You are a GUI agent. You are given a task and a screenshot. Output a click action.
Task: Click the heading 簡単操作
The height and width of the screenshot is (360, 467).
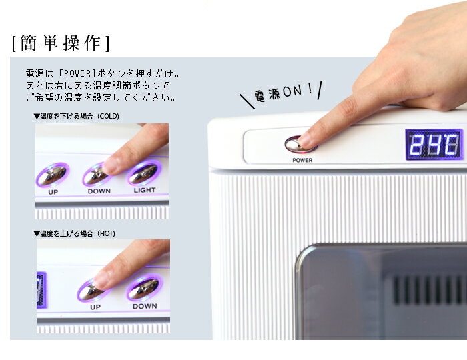(x=61, y=43)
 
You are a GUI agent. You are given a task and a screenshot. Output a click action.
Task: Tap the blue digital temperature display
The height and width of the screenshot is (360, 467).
(x=434, y=144)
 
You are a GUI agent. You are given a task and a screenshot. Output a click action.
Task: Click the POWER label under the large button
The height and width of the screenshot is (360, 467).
(x=302, y=160)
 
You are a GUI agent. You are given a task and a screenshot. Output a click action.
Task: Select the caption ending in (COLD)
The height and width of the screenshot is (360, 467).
(x=76, y=116)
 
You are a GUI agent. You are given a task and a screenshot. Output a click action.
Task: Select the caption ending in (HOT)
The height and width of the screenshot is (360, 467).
(x=73, y=233)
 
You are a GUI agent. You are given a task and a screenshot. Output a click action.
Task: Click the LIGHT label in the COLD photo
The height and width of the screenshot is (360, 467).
(x=144, y=190)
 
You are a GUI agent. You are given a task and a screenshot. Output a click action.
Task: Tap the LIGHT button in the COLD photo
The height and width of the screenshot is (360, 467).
(x=143, y=173)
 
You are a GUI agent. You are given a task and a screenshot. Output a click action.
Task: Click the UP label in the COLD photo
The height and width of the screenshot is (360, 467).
(x=53, y=192)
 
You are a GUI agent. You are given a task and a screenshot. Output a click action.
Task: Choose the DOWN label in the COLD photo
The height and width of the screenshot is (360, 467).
(x=99, y=191)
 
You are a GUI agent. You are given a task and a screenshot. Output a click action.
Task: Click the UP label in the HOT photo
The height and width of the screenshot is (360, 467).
(x=95, y=307)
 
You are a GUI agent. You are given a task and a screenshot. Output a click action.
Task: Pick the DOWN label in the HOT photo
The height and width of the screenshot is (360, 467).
(x=145, y=307)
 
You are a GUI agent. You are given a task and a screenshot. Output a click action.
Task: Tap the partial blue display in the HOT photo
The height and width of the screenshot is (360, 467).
(x=41, y=290)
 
